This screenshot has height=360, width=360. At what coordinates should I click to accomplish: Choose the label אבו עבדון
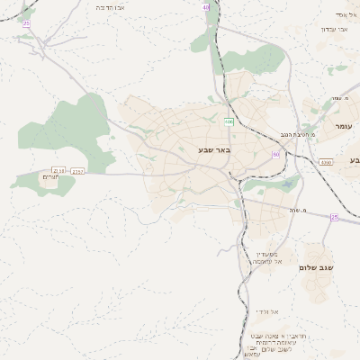332,29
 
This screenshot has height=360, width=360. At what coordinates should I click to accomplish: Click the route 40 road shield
206,6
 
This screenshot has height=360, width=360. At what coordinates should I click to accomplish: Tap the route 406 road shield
229,121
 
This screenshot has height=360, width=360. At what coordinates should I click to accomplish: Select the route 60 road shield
275,155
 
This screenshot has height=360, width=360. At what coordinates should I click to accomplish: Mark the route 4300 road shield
325,162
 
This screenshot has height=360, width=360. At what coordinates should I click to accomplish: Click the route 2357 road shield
77,169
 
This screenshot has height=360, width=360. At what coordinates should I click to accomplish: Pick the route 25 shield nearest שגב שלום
334,218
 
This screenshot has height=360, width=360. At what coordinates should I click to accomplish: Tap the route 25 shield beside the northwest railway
27,22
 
